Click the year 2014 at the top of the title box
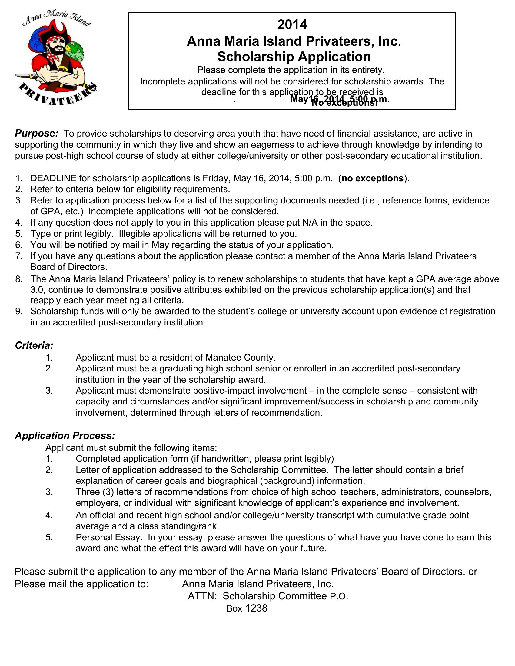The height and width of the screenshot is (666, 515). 292,25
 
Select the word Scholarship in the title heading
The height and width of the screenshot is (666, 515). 256,57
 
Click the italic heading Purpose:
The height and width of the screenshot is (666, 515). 37,134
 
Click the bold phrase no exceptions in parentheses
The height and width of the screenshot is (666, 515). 373,178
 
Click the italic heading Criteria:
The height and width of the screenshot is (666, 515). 34,345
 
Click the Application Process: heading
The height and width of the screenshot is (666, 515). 65,435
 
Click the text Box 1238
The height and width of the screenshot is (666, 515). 247,608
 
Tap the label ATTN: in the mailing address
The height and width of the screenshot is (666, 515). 202,596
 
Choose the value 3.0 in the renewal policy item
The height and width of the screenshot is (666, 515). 37,289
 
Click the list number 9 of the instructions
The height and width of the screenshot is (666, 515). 19,311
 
